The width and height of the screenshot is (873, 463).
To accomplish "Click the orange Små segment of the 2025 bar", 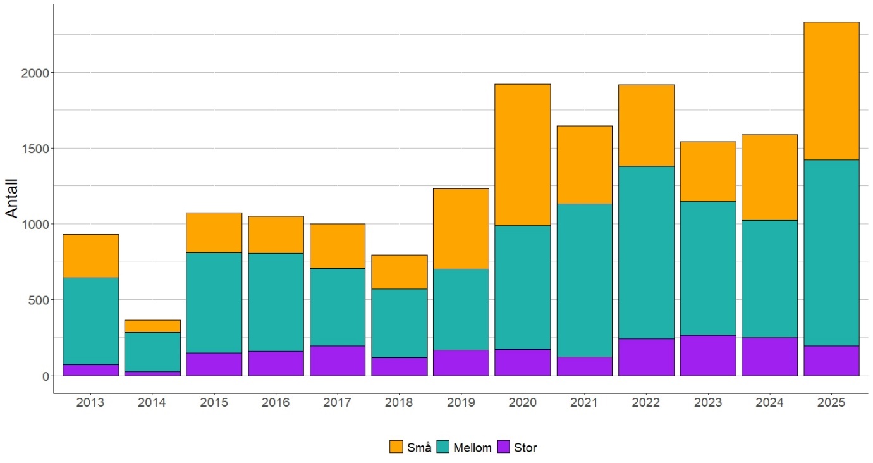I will coord(831,90).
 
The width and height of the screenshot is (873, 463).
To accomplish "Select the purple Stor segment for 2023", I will coord(708,355).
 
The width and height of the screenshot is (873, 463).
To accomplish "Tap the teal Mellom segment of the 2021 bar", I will coord(584,280).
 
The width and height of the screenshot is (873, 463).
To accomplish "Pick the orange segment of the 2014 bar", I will coord(152,326).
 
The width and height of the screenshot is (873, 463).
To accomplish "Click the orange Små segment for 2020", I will coord(522,155).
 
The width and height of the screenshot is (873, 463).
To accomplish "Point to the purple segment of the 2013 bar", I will coord(90,370).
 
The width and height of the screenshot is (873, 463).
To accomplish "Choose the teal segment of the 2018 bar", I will coord(399,323).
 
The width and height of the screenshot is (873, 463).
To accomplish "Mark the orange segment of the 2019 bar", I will coord(461,229).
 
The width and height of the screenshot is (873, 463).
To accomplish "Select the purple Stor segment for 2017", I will coord(337,361).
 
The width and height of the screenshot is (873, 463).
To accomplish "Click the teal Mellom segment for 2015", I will coord(214,303).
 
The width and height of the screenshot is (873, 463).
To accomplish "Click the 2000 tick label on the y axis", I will coord(34,73).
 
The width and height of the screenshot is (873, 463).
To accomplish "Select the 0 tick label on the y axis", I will coord(44,376).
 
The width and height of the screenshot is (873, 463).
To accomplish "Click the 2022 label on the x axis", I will coord(646,403).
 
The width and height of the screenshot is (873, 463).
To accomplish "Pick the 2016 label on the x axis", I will coord(276,403).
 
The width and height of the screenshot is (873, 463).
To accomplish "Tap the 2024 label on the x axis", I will coord(769,403).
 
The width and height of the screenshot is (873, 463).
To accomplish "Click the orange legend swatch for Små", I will coord(396,447).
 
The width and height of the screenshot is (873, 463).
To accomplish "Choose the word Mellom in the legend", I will coord(472,448).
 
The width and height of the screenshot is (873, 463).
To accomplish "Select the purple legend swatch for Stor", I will coord(504,447).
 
